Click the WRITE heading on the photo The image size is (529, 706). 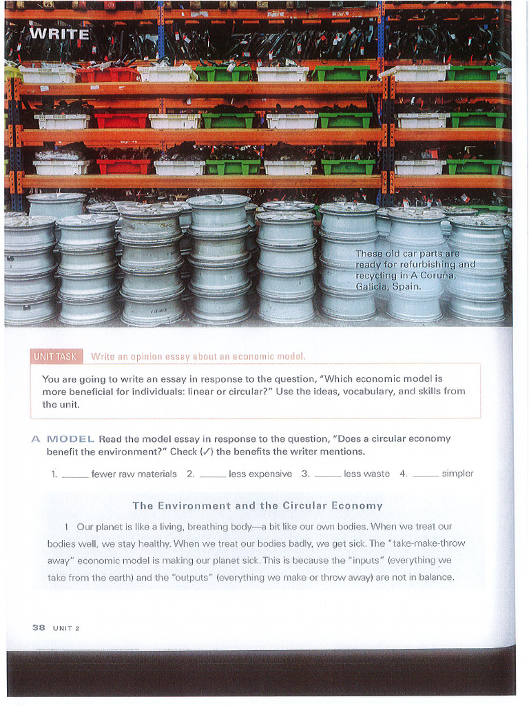[x=60, y=34]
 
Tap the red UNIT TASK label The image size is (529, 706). [x=56, y=356]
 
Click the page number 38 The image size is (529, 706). [x=39, y=627]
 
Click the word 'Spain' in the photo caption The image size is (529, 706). [x=406, y=286]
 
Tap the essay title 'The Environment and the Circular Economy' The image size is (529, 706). [x=257, y=505]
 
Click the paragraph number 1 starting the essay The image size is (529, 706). [x=67, y=526]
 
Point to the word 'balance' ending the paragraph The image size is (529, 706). [x=436, y=577]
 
